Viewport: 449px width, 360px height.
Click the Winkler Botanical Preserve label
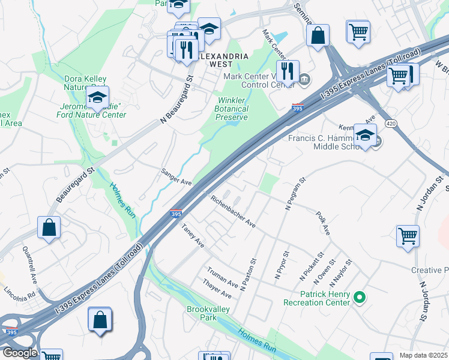[x=231, y=109]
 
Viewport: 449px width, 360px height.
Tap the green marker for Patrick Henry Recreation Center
[x=360, y=296]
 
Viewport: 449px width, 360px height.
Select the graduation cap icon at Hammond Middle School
[x=365, y=136]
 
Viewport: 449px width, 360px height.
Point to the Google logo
[x=19, y=353]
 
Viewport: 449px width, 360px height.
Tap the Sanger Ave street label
[x=176, y=176]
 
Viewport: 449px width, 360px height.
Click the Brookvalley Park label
[x=200, y=313]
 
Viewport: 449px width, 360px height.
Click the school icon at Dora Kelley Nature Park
[x=98, y=97]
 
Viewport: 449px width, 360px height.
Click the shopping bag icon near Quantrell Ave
[x=49, y=227]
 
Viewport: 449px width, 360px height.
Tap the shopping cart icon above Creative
[x=408, y=235]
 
